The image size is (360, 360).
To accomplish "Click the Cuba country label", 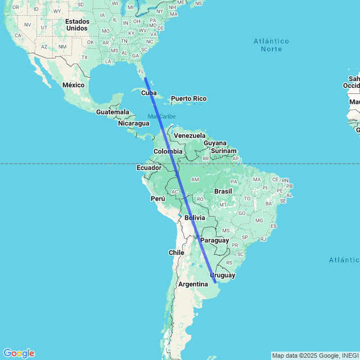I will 148,93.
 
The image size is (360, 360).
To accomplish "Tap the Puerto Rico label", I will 188,99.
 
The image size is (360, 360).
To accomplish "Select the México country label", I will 73,84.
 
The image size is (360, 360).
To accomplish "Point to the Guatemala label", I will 112,112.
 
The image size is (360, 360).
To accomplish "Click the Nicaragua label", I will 133,123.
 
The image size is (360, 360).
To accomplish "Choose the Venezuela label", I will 190,136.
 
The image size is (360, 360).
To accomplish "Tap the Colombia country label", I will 168,151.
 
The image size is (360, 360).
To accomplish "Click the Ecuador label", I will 148,168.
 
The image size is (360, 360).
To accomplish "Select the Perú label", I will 157,199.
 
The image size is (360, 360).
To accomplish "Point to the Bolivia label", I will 195,218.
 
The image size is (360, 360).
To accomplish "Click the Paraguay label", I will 215,240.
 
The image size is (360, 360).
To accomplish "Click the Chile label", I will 177,253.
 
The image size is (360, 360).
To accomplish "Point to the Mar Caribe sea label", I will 161,116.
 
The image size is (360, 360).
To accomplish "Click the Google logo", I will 19,353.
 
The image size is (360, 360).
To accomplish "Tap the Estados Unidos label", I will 77,24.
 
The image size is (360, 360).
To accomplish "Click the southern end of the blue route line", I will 215,282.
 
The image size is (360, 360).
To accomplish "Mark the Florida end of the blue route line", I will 145,78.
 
